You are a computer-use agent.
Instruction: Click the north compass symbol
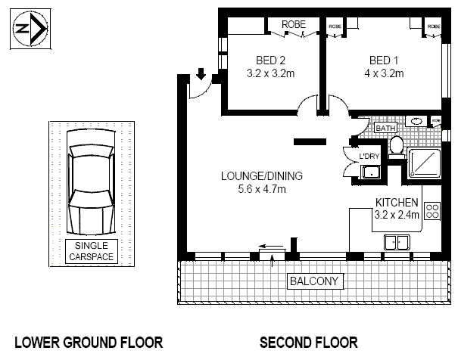pyautogui.click(x=32, y=29)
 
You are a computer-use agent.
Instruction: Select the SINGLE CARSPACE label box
pyautogui.click(x=92, y=251)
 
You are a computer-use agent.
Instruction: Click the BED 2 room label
pyautogui.click(x=270, y=61)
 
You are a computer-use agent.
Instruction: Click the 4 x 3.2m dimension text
pyautogui.click(x=384, y=73)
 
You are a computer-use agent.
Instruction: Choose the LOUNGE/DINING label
pyautogui.click(x=261, y=176)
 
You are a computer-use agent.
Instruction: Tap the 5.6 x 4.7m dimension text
pyautogui.click(x=261, y=189)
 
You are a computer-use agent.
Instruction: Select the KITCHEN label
pyautogui.click(x=397, y=203)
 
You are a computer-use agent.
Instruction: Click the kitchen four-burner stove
pyautogui.click(x=433, y=210)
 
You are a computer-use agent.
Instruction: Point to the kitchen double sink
pyautogui.click(x=397, y=242)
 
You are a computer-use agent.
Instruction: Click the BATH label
pyautogui.click(x=385, y=129)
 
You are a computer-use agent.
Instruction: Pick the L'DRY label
pyautogui.click(x=369, y=157)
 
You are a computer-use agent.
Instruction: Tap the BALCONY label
pyautogui.click(x=316, y=282)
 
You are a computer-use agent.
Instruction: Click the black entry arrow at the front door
pyautogui.click(x=201, y=74)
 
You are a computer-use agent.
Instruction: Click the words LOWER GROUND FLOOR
pyautogui.click(x=89, y=343)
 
